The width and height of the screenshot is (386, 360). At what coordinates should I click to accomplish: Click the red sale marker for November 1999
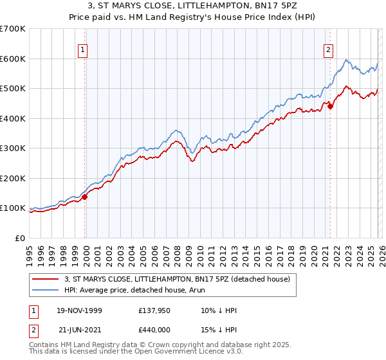(85, 197)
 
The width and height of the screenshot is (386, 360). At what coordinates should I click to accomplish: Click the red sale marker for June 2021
(330, 107)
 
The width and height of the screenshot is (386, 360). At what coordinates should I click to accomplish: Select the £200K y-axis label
(12, 178)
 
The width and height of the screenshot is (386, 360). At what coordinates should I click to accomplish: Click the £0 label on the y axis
(19, 238)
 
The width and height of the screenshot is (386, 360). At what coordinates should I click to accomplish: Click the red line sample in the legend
(46, 279)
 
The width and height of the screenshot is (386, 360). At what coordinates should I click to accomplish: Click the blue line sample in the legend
(46, 290)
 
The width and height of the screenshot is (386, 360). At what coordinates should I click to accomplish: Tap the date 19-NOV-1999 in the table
(80, 310)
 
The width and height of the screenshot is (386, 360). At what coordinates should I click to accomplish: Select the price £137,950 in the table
(156, 310)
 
